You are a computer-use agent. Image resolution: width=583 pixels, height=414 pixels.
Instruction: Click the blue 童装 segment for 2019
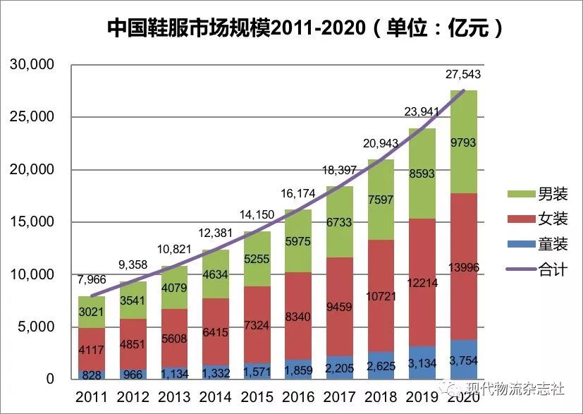tap(422, 365)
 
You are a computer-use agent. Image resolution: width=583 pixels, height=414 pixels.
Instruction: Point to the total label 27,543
tap(462, 75)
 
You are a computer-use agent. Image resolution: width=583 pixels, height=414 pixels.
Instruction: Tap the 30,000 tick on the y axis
tap(32, 65)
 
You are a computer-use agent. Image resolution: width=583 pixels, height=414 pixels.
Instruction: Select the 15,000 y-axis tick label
tap(32, 222)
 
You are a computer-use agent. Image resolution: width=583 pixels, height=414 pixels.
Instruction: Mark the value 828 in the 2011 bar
tap(91, 375)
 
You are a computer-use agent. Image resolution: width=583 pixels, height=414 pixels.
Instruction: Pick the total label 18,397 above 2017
tap(340, 171)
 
